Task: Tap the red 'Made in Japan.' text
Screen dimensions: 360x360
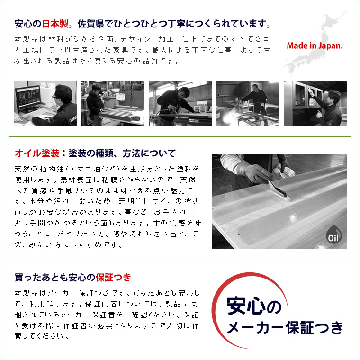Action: pyautogui.click(x=315, y=46)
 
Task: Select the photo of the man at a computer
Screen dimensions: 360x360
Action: pyautogui.click(x=45, y=103)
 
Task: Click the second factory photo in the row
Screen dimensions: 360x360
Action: pyautogui.click(x=113, y=103)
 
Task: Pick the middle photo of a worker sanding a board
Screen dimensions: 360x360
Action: pyautogui.click(x=180, y=103)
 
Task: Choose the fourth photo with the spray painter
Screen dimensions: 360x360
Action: pyautogui.click(x=247, y=103)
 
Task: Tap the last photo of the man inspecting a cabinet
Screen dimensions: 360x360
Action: pyautogui.click(x=315, y=103)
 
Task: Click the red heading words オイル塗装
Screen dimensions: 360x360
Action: pyautogui.click(x=37, y=153)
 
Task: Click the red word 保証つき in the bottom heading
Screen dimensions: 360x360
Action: pyautogui.click(x=113, y=277)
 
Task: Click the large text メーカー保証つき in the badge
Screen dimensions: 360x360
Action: pyautogui.click(x=285, y=328)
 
